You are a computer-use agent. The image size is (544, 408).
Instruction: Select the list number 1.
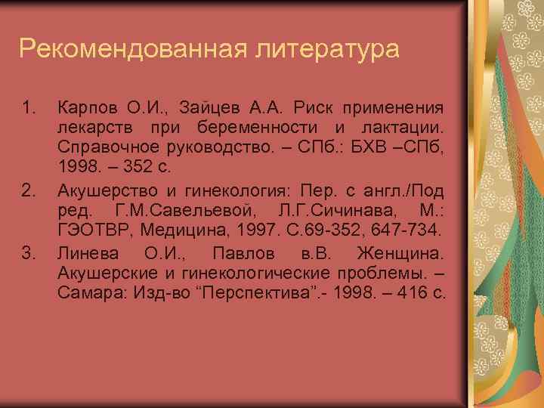click(29, 107)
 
